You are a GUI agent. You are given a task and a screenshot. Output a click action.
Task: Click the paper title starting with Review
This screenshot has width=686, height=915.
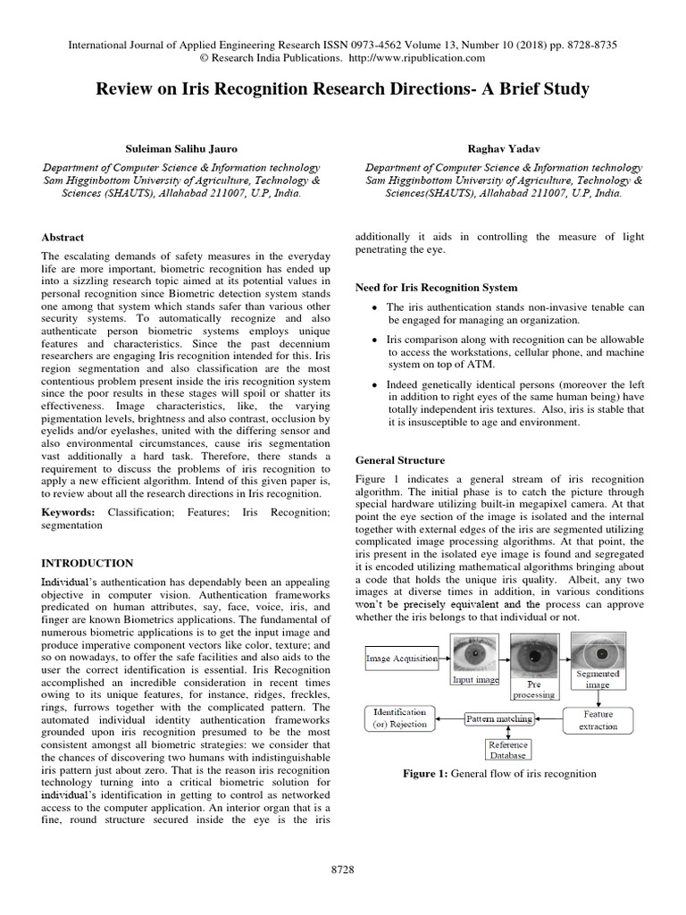[x=343, y=90]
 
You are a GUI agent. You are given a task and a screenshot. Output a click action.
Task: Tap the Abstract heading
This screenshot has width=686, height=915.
[x=63, y=237]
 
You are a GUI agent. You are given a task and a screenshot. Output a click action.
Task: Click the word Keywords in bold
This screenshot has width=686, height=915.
[x=70, y=513]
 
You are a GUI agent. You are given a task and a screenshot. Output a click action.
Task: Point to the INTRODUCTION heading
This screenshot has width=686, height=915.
[x=88, y=563]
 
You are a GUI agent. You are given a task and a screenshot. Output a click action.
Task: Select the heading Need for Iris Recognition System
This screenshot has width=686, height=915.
[x=436, y=288]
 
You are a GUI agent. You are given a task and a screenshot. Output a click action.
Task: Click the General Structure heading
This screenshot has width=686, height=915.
[x=399, y=460]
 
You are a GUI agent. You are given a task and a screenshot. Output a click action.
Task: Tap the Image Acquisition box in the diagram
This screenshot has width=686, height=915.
[x=402, y=659]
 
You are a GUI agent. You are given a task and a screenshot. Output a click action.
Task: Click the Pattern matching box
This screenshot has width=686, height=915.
[x=500, y=718]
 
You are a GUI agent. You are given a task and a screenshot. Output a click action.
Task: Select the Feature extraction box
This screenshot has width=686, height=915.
[x=598, y=719]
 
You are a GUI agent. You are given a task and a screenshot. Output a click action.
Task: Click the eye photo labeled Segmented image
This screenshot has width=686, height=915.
[x=598, y=651]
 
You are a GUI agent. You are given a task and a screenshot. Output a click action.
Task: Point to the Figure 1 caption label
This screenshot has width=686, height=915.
[x=431, y=774]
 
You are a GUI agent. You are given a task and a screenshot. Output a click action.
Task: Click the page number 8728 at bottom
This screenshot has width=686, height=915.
[x=343, y=868]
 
